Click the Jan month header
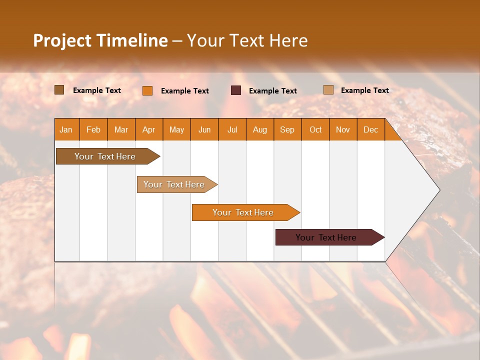[x=66, y=129]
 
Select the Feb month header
[x=93, y=129]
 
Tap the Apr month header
[x=148, y=129]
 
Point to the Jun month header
[x=204, y=129]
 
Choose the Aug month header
[x=259, y=129]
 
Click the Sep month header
[x=287, y=129]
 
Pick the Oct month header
[x=315, y=129]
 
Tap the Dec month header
[x=370, y=129]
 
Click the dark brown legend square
[x=59, y=90]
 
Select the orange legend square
[x=147, y=90]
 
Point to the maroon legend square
[x=236, y=90]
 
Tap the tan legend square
[x=328, y=90]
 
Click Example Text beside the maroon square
[x=272, y=91]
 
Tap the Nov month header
[x=342, y=129]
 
